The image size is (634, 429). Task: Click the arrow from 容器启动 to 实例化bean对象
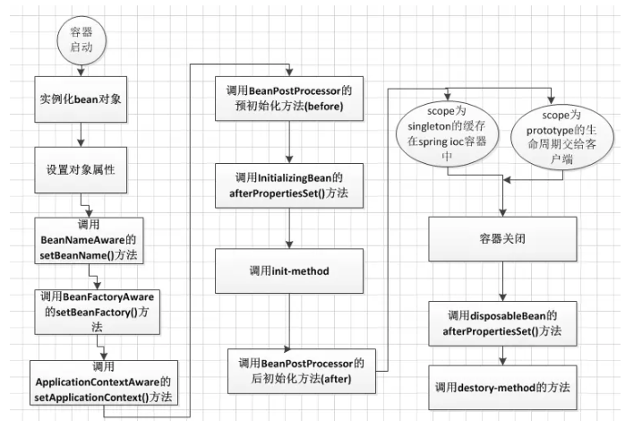tap(80, 68)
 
